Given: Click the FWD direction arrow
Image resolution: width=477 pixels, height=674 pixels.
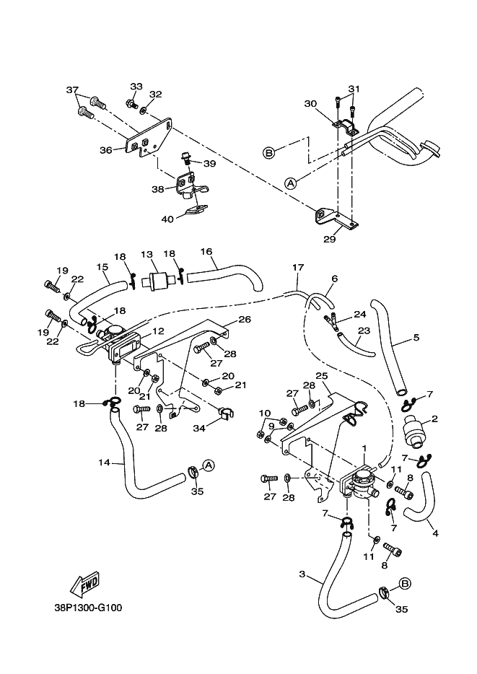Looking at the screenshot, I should click(85, 582).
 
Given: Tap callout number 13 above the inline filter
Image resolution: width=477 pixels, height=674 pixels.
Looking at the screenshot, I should click(146, 255).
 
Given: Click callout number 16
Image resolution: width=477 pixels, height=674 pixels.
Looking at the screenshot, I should click(206, 252).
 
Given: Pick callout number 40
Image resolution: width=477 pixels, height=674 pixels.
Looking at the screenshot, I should click(167, 219).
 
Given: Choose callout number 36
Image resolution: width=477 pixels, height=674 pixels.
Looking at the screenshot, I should click(105, 150).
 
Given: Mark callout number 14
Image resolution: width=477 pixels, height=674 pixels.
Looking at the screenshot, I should click(104, 463).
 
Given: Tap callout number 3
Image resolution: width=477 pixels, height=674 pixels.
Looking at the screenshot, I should click(302, 574).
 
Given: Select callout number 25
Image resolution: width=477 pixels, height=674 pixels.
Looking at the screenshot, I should click(321, 376).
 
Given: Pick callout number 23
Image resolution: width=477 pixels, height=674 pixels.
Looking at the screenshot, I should click(363, 331).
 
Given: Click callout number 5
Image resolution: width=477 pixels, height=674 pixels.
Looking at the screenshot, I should click(416, 337).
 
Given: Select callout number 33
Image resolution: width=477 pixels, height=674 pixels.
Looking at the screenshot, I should click(136, 86).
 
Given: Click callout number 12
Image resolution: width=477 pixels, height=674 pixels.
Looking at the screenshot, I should click(158, 331).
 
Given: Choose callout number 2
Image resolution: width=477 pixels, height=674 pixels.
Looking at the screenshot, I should click(434, 418).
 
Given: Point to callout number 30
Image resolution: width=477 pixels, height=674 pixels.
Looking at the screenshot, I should click(310, 104).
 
